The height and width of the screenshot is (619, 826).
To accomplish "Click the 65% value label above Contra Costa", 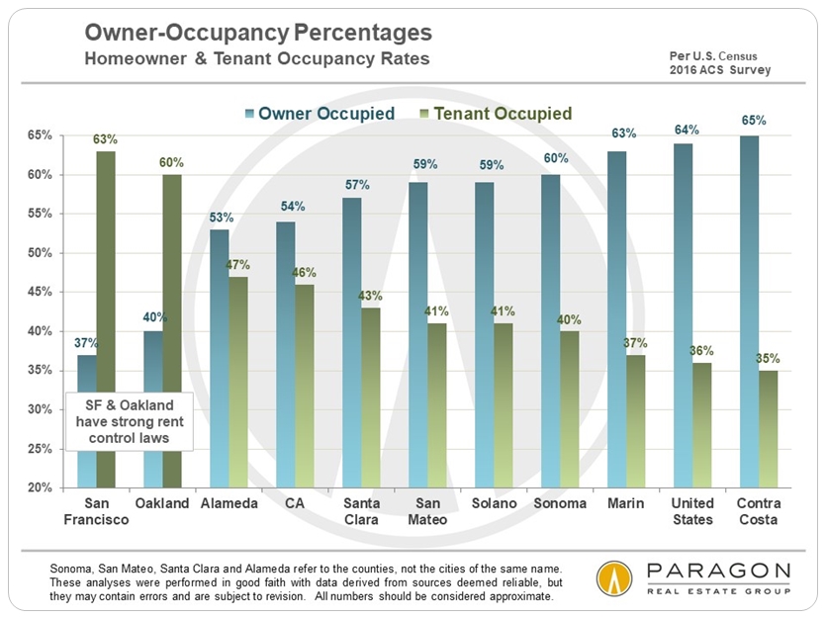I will [x=754, y=121].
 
